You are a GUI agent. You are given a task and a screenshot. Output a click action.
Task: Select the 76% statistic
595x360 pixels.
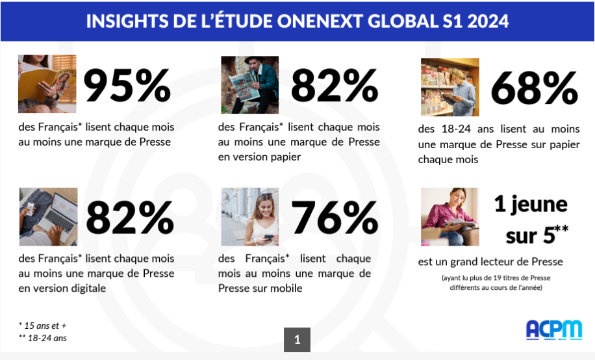click(x=335, y=217)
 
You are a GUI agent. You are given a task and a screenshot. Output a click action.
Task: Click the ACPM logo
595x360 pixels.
click(x=553, y=329)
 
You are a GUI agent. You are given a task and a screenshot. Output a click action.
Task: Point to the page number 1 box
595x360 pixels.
click(x=297, y=339)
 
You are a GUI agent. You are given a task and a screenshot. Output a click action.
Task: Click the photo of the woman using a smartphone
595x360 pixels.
click(x=249, y=216)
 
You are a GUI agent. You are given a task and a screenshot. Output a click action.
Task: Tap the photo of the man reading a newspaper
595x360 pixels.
click(x=249, y=84)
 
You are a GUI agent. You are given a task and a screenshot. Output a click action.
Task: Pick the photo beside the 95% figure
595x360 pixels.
click(x=47, y=84)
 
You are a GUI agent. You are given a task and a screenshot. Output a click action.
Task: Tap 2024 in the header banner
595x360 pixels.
click(x=484, y=21)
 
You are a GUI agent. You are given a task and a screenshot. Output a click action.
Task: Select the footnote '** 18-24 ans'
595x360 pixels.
click(x=43, y=338)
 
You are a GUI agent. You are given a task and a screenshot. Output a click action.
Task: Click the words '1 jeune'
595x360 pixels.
click(x=530, y=205)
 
